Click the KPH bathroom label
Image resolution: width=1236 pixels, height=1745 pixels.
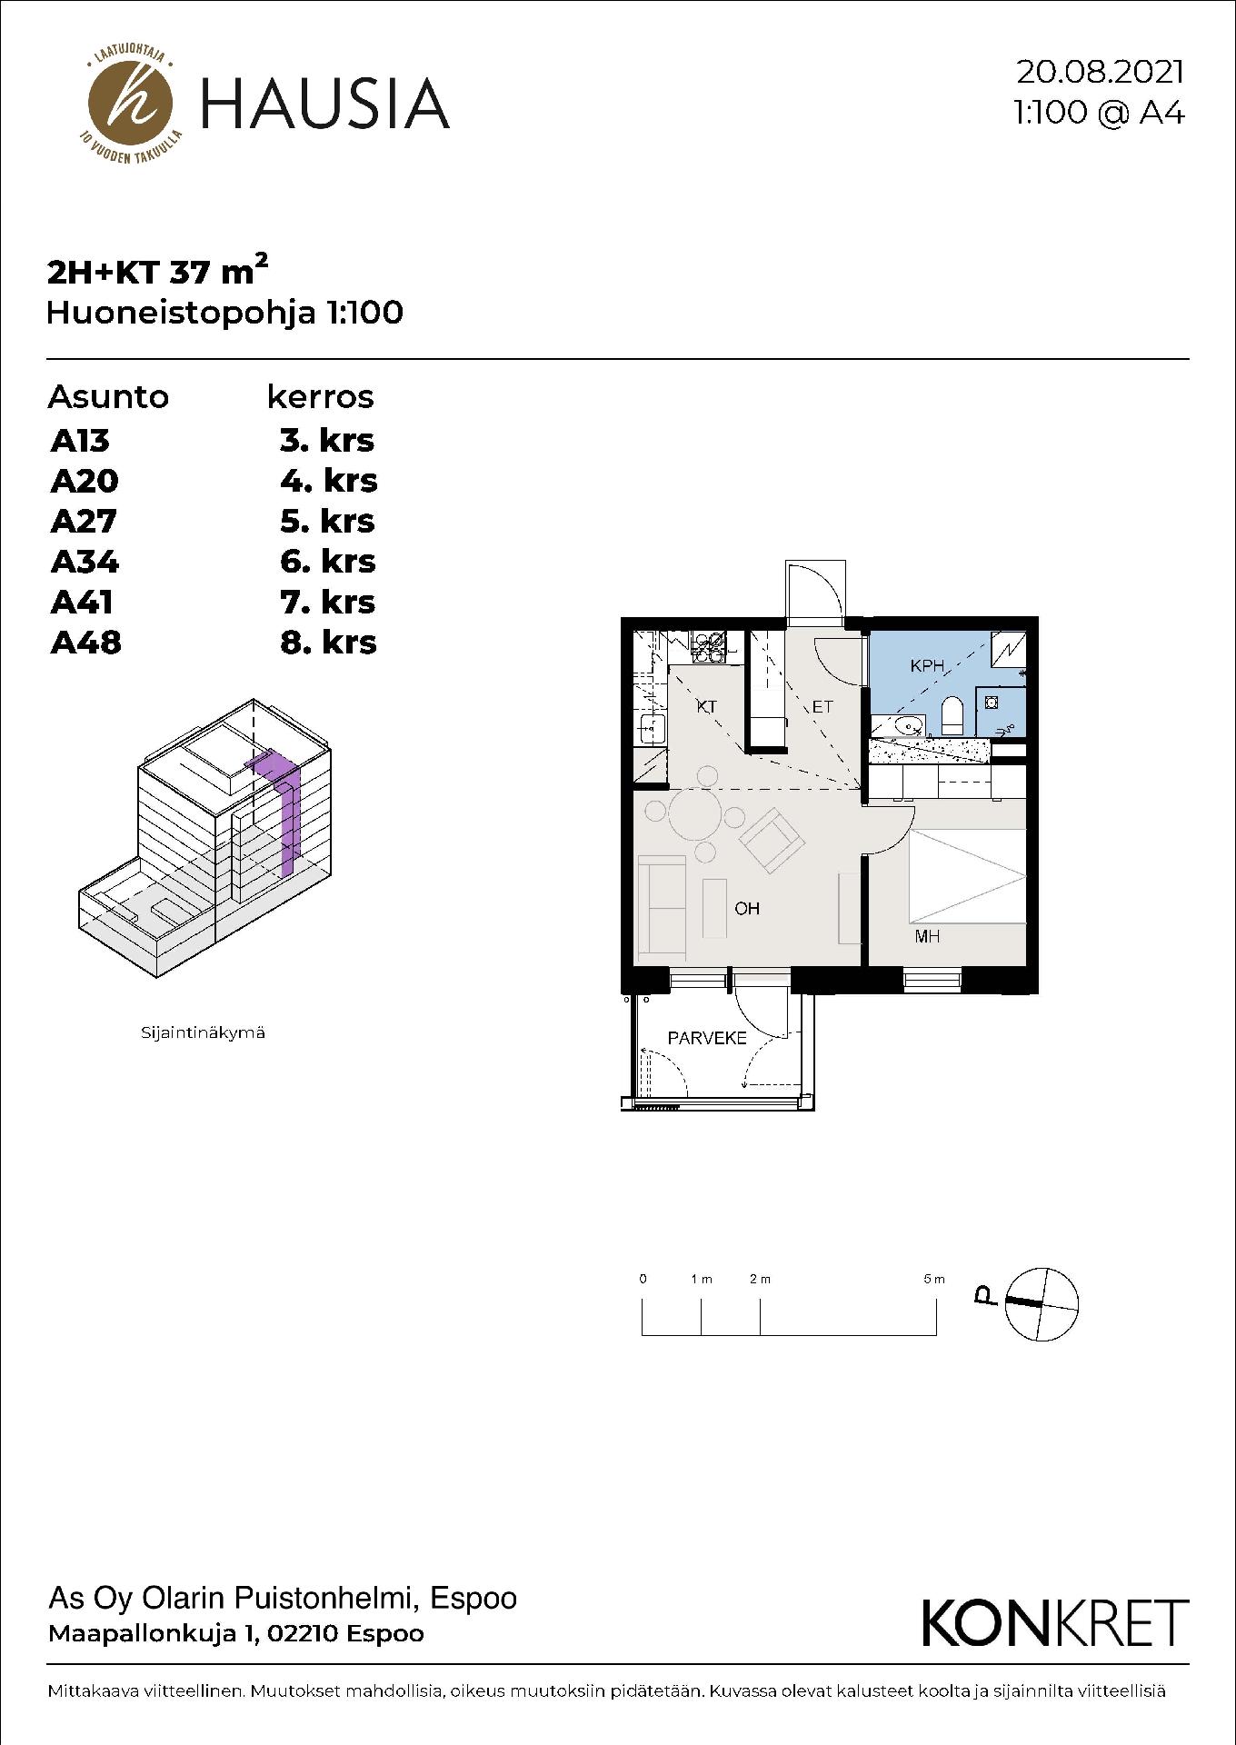pos(926,666)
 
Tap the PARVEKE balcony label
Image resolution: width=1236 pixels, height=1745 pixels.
pos(707,1038)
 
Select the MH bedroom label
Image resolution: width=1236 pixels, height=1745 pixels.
pos(927,936)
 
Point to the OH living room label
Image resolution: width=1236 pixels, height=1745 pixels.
pos(747,908)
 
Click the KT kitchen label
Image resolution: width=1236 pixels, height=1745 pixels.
pos(706,706)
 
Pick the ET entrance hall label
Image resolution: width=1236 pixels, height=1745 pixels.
pos(822,706)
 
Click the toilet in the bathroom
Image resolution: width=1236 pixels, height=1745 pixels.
pos(952,715)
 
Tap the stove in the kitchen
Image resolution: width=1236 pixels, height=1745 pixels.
pos(710,645)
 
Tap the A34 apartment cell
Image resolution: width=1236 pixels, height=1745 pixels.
pos(85,562)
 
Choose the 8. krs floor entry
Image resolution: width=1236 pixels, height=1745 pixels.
pos(328,643)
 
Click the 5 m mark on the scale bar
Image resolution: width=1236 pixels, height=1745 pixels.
pos(934,1279)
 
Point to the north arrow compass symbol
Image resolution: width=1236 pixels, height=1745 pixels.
pos(1041,1302)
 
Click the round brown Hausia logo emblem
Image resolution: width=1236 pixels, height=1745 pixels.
pos(130,103)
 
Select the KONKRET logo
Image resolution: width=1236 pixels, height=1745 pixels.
pos(1055,1622)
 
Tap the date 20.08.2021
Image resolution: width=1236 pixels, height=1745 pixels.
pos(1101,73)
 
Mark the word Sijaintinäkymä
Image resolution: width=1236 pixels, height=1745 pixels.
pos(203,1032)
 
